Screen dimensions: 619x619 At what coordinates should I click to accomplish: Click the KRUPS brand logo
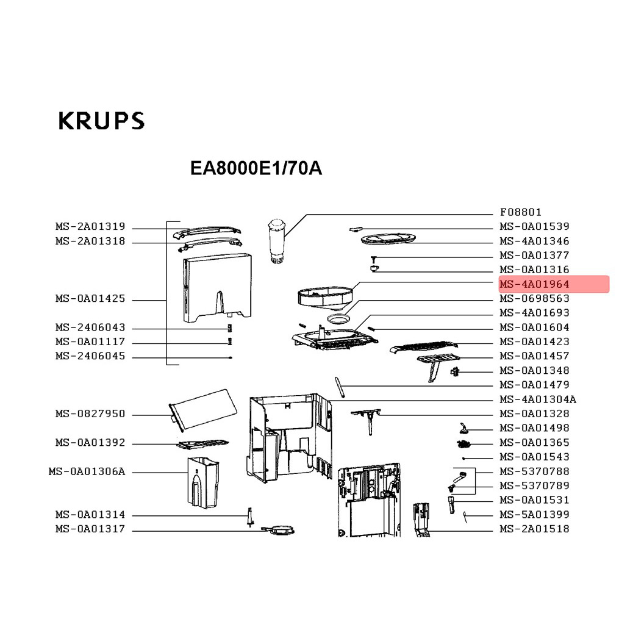[101, 121]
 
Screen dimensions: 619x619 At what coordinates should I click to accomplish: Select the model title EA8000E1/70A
[256, 168]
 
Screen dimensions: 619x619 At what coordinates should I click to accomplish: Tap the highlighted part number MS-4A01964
[534, 284]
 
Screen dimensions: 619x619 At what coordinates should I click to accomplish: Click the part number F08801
[520, 212]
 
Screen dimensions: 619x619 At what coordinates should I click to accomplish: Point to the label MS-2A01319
[90, 227]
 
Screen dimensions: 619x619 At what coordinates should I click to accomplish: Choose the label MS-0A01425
[90, 299]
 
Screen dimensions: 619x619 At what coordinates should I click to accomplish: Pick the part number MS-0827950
[90, 413]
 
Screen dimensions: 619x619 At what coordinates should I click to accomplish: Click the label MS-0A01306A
[87, 472]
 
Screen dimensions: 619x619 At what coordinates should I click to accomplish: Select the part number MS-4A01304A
[538, 399]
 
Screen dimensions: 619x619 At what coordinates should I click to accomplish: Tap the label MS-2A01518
[534, 529]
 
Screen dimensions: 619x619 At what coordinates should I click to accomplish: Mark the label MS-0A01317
[90, 529]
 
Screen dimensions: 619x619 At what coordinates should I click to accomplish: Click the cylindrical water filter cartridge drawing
[277, 240]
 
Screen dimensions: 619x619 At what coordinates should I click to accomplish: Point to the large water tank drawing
[217, 287]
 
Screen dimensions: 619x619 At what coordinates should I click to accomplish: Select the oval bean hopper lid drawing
[388, 238]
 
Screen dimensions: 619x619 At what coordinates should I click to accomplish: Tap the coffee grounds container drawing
[203, 482]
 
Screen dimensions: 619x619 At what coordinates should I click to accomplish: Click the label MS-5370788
[534, 472]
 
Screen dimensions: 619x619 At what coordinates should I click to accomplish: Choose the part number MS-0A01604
[534, 327]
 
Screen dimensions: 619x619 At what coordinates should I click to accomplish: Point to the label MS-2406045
[90, 356]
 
